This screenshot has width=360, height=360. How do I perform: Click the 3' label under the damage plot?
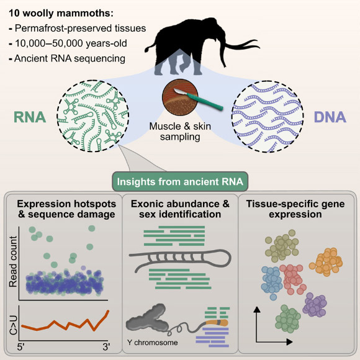click(x=106, y=348)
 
